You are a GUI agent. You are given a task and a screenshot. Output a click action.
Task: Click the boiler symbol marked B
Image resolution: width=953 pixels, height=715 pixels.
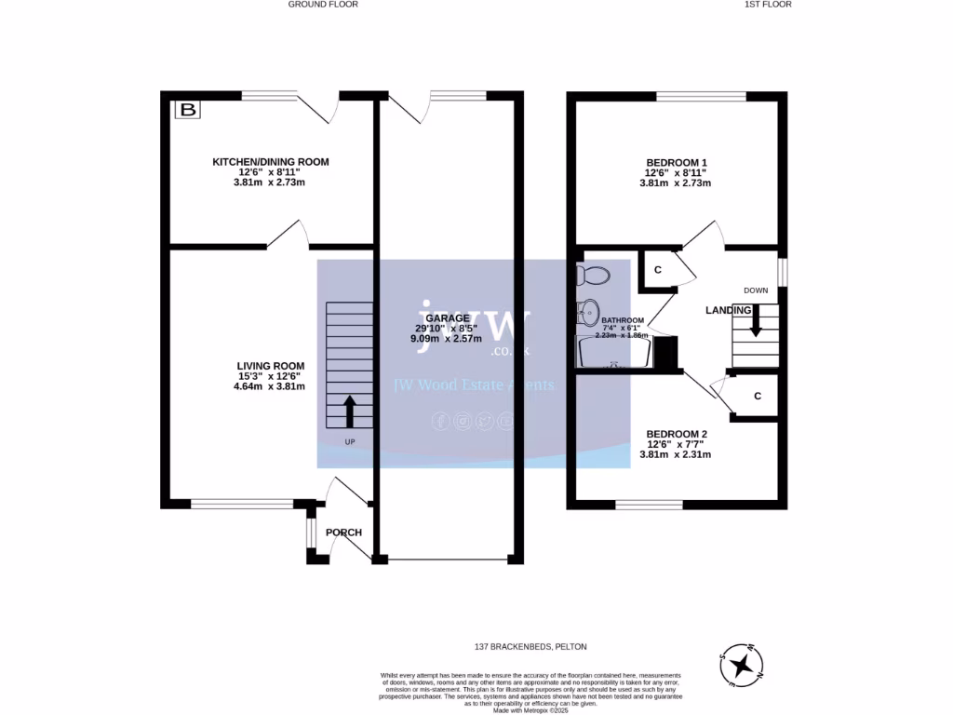click(x=189, y=111)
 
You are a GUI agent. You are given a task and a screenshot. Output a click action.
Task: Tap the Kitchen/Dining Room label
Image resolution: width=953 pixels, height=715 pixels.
click(x=271, y=162)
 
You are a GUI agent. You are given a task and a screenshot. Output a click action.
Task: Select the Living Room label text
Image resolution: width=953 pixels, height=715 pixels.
click(x=270, y=366)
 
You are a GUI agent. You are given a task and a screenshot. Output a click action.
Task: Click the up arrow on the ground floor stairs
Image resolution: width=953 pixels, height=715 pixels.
click(x=350, y=409)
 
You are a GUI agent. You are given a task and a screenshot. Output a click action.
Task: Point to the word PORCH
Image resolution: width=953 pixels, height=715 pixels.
click(x=343, y=533)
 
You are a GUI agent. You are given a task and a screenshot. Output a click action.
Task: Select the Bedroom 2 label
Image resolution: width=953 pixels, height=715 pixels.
click(x=677, y=434)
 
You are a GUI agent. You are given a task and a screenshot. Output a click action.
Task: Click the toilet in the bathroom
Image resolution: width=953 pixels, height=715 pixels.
click(x=592, y=276)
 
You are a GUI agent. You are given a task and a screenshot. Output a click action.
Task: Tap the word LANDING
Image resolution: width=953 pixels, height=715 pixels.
click(x=728, y=310)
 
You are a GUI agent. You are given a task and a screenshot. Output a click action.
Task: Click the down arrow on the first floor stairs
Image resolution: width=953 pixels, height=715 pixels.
click(x=756, y=323)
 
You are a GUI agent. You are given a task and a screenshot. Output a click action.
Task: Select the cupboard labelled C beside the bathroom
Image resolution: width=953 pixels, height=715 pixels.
click(x=657, y=270)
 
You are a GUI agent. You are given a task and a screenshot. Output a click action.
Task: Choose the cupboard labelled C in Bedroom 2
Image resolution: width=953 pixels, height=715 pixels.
click(x=758, y=396)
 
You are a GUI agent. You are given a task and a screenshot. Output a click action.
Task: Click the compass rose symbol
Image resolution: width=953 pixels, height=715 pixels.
click(x=742, y=665)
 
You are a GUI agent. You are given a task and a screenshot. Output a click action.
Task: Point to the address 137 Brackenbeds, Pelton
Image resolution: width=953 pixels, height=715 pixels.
click(x=530, y=646)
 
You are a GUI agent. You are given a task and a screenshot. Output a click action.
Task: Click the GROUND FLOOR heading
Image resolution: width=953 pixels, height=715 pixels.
click(x=323, y=5)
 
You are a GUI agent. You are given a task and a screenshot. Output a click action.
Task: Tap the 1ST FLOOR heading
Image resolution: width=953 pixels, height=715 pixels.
click(x=768, y=5)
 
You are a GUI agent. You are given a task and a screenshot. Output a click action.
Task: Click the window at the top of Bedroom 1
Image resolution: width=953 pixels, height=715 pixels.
click(x=701, y=96)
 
